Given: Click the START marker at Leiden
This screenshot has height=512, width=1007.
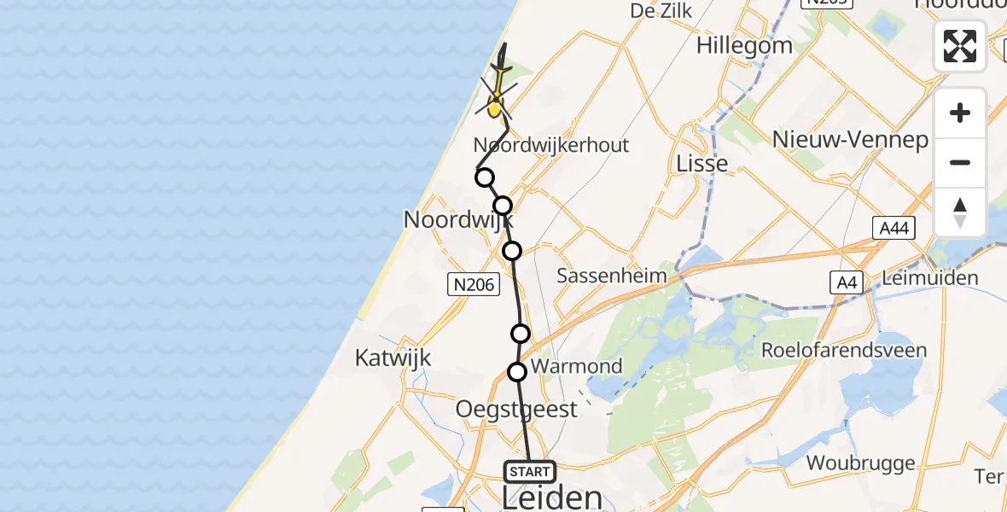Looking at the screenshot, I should tap(529, 472).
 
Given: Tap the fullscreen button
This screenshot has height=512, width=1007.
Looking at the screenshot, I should tap(960, 46).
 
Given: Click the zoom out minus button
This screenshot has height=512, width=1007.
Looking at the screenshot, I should tap(960, 162).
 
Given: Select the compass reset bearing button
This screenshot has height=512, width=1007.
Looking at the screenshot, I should tap(960, 212).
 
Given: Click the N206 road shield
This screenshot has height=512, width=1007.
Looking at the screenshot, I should tap(474, 284).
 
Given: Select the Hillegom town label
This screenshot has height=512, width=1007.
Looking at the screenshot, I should tap(744, 44).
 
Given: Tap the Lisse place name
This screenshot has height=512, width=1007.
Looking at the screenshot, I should tap(701, 163).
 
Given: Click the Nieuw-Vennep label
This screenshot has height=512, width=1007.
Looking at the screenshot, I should tap(850, 139).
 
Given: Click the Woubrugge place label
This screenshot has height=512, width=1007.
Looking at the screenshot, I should tap(861, 464).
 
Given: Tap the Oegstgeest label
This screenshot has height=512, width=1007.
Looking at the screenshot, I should tap(516, 409).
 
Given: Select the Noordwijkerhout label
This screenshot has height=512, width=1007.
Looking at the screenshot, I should tap(551, 145).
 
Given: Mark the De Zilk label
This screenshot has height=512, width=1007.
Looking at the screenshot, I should tap(661, 10).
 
